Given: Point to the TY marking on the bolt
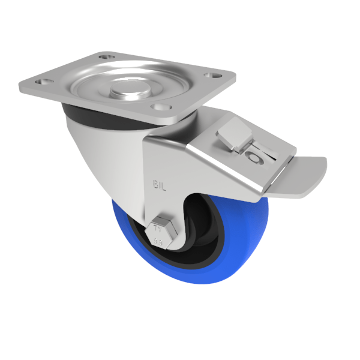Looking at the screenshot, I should click(159, 227).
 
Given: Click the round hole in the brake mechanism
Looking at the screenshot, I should click(254, 158).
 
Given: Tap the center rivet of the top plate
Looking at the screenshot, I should click(128, 91).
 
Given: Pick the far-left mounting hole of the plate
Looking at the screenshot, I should click(41, 80).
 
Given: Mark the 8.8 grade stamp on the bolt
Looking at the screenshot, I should click(160, 241).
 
